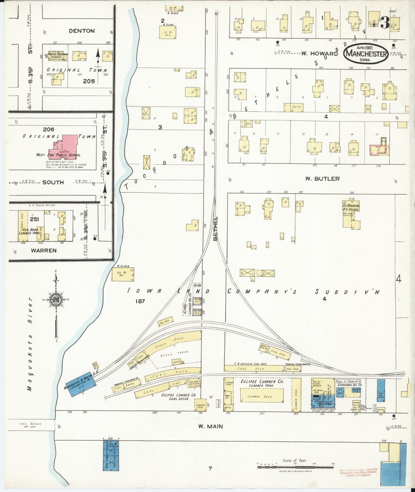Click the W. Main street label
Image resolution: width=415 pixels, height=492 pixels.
point(210,426)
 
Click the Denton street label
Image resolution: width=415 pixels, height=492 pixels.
point(82,31)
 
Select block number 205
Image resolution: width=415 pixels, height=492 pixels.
point(89,81)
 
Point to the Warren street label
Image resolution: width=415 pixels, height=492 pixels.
point(43,251)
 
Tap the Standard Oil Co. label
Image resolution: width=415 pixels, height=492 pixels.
point(350,385)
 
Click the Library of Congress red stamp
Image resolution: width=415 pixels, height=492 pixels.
point(358,472)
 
